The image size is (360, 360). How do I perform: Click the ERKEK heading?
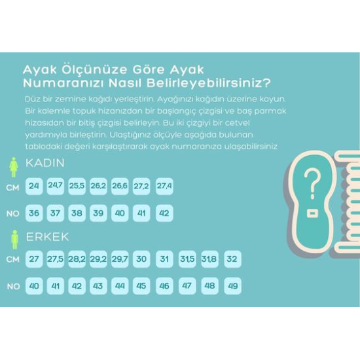click(x=47, y=236)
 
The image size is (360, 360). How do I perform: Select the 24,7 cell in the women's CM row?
click(x=56, y=186)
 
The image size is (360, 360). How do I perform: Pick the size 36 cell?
click(x=34, y=213)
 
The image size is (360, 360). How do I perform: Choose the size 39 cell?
click(x=98, y=213)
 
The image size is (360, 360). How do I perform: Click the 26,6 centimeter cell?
click(x=120, y=186)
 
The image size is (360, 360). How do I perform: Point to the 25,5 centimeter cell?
click(x=77, y=186)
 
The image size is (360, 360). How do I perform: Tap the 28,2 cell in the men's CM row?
click(x=77, y=259)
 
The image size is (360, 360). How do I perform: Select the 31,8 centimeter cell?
click(x=210, y=259)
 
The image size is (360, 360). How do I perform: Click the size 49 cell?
click(x=232, y=286)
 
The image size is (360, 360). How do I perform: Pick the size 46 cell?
click(x=164, y=286)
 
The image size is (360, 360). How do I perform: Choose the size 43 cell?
click(x=98, y=286)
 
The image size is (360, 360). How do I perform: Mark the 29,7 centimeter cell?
click(x=120, y=259)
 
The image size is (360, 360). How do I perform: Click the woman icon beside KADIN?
click(x=14, y=167)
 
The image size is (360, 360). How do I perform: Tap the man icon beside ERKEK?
click(x=14, y=239)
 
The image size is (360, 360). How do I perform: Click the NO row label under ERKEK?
click(x=13, y=286)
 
